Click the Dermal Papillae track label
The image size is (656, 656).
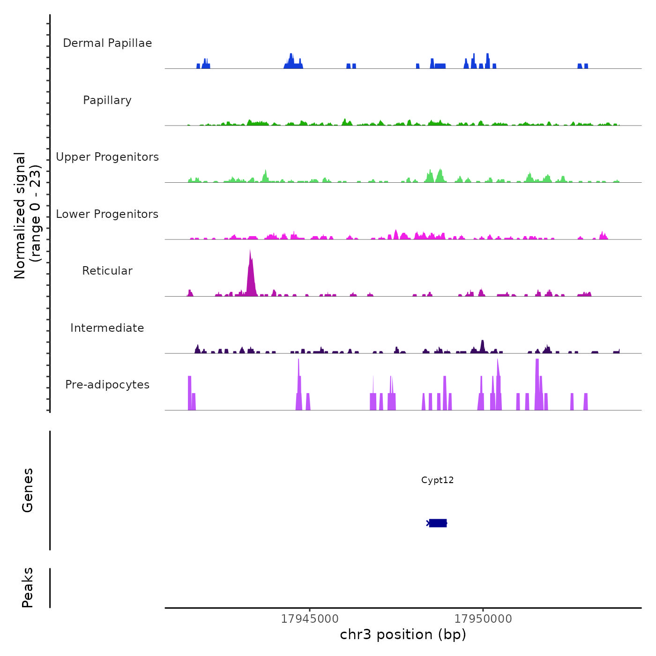107,43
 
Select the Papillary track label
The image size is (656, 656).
107,100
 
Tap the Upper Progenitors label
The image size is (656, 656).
107,157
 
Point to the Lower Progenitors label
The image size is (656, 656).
107,214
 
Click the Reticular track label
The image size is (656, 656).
107,271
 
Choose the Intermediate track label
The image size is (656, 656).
107,328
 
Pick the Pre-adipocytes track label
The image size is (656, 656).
107,385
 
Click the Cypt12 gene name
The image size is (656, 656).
437,480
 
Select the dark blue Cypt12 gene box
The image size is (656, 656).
438,523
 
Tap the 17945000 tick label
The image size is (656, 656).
310,619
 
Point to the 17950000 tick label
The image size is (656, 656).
483,619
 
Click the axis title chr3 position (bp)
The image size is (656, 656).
403,635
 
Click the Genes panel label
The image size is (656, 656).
28,490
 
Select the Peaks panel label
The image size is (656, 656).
28,588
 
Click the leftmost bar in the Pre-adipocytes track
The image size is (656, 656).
189,394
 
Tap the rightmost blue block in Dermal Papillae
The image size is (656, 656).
586,66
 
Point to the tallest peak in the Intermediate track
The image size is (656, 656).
482,346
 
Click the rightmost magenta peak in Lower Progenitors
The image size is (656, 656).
603,236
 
